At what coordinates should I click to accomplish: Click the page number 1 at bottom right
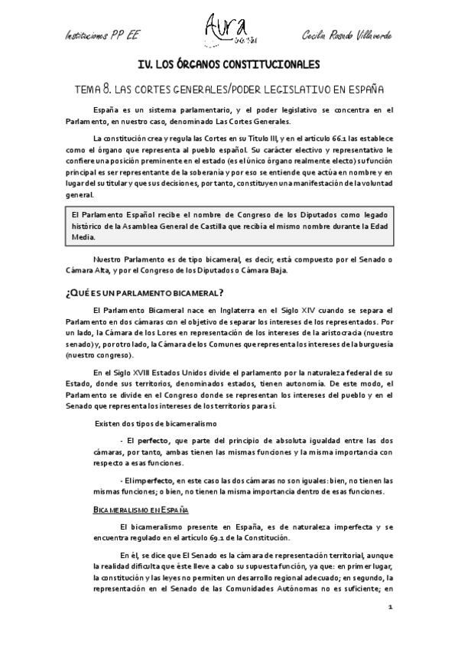click(x=390, y=608)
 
